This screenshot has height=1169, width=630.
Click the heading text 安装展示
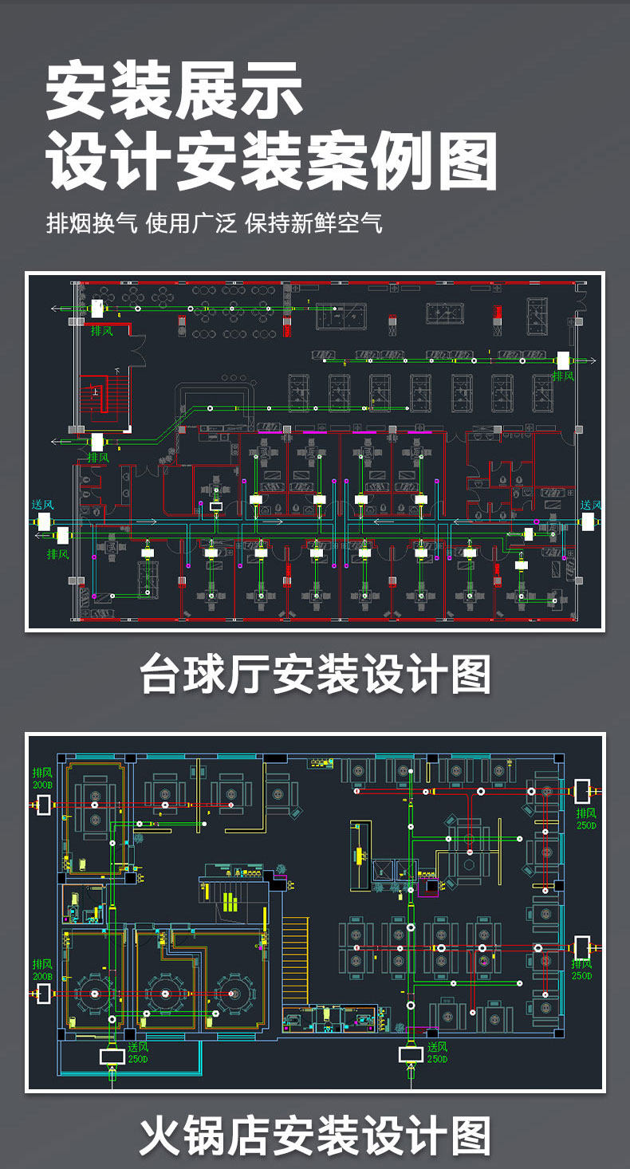click(x=174, y=92)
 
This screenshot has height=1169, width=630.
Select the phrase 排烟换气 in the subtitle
click(x=93, y=222)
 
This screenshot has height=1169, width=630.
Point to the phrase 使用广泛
click(x=191, y=222)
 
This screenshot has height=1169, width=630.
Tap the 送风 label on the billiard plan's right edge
click(x=590, y=505)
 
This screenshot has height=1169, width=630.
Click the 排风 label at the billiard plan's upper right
click(x=563, y=376)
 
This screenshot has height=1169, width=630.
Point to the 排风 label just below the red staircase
click(x=98, y=458)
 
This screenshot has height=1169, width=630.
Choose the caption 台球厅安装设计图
click(x=315, y=675)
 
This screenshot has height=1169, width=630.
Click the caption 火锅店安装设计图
click(x=315, y=1136)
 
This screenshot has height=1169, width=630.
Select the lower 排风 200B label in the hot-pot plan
click(x=42, y=969)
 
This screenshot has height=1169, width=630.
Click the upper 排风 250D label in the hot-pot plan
click(x=586, y=818)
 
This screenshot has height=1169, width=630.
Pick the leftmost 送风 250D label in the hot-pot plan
click(x=138, y=1053)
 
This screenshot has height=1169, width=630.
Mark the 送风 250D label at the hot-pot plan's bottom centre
click(x=437, y=1053)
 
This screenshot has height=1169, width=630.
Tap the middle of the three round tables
click(x=165, y=994)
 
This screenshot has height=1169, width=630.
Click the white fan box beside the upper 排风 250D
click(x=583, y=791)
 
